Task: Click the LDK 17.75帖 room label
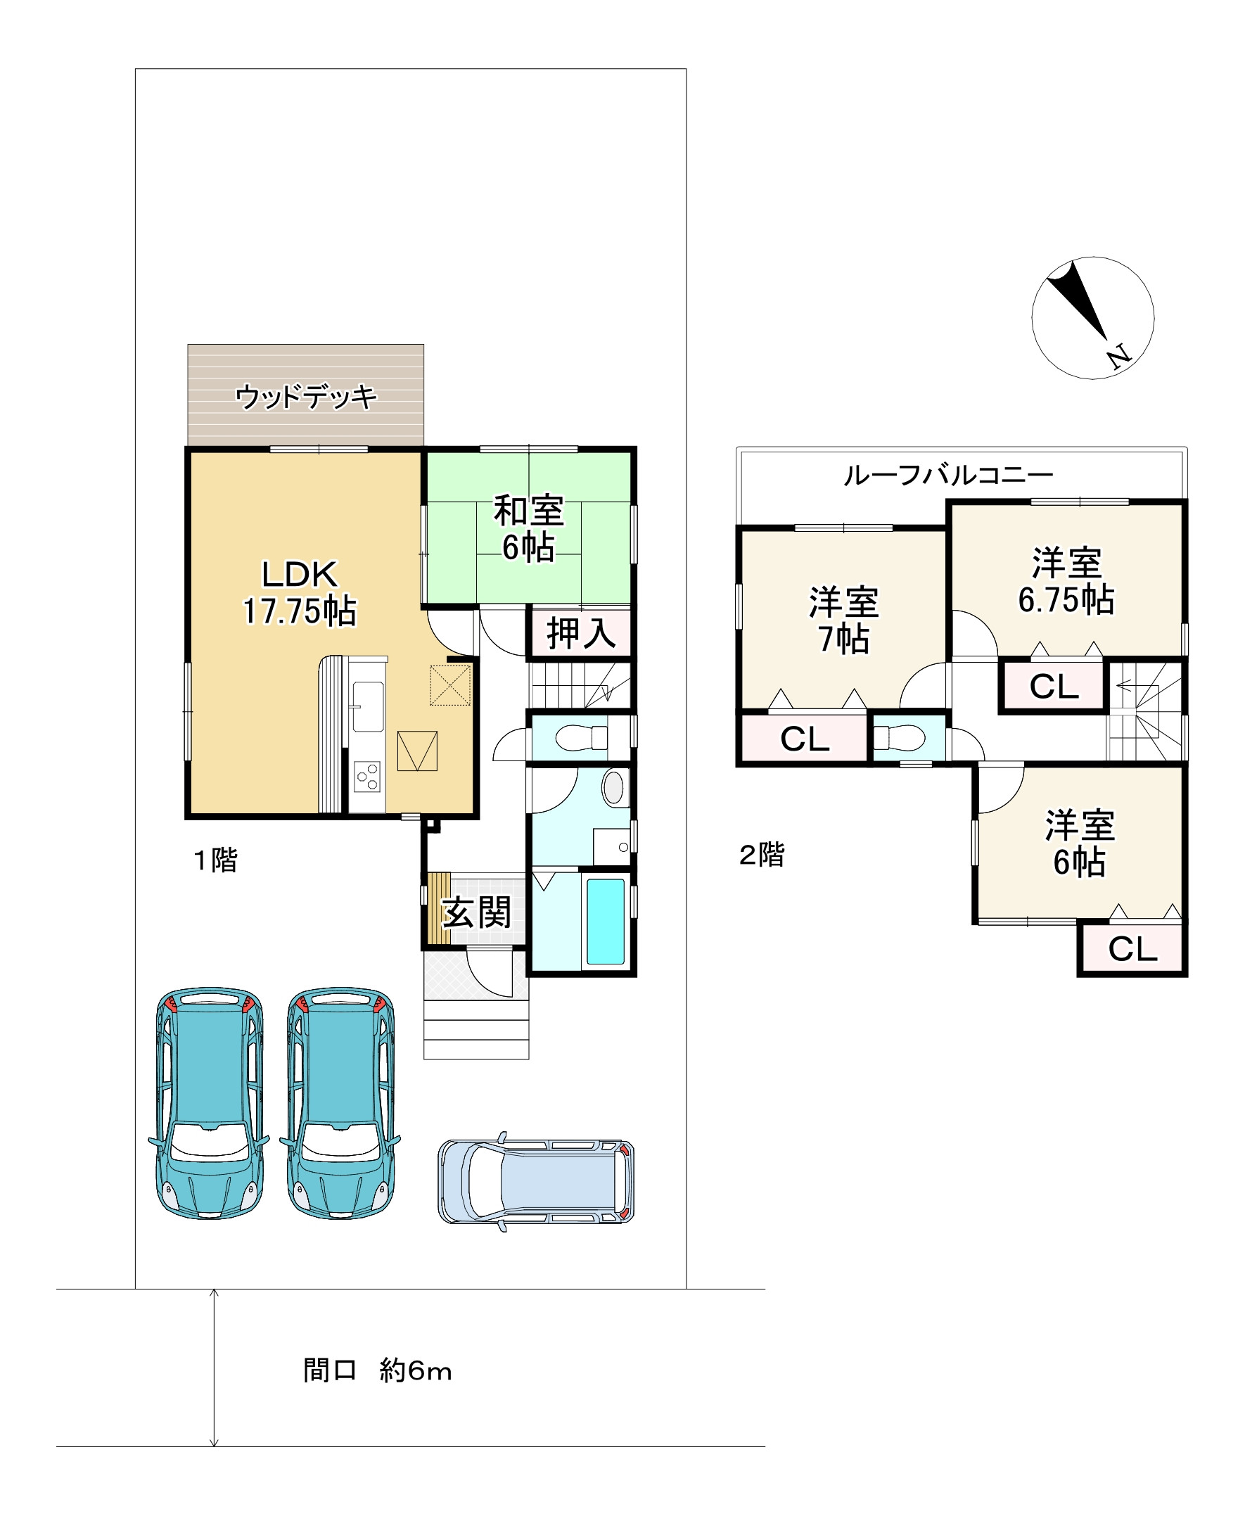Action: point(300,592)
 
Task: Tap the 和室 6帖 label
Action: point(528,528)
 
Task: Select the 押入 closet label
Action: point(581,633)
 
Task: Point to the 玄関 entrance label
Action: point(477,912)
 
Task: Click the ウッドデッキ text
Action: point(306,397)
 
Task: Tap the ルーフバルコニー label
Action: point(948,475)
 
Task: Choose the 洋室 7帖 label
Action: point(844,620)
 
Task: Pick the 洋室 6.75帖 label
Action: point(1066,582)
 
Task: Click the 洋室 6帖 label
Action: point(1080,843)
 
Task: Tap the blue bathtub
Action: point(606,922)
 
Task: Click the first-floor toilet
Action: point(582,737)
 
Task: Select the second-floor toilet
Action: point(899,737)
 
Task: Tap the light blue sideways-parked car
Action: point(536,1181)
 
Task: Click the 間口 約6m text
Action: point(377,1370)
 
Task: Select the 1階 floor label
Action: point(215,860)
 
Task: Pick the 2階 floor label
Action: point(762,854)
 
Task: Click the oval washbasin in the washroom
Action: point(613,787)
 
